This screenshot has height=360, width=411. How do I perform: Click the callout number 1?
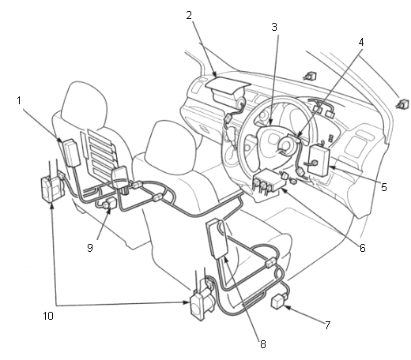tap(19, 100)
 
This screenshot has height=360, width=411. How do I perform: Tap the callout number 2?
tap(189, 15)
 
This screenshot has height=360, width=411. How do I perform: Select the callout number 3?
tap(274, 27)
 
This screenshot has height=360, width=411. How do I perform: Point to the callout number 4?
tap(361, 42)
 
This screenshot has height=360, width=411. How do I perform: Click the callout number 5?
tap(384, 187)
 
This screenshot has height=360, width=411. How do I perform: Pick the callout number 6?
tap(363, 248)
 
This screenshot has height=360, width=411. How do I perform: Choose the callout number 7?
tap(327, 325)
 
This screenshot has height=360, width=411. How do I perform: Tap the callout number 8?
tap(262, 344)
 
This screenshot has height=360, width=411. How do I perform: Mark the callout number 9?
tap(90, 248)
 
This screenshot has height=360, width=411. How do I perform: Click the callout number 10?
tap(48, 316)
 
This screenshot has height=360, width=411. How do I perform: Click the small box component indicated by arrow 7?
tap(278, 302)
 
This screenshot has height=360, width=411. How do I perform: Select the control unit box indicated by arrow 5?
tap(319, 159)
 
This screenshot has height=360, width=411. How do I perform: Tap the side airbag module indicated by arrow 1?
tap(70, 153)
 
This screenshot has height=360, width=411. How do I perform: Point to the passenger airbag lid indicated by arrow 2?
tap(227, 84)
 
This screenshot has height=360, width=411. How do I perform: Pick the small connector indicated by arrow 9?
tap(111, 203)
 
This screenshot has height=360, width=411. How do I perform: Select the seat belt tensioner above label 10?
tap(52, 188)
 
